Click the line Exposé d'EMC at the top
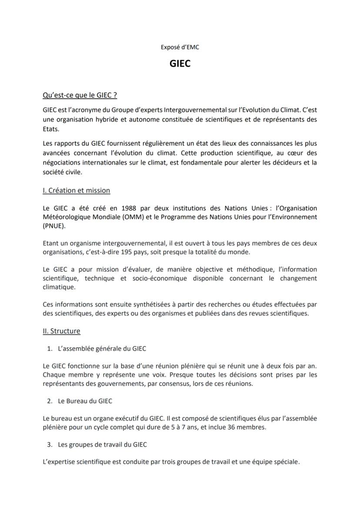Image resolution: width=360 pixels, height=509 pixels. [180, 47]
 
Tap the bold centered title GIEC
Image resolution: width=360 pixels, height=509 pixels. [180, 63]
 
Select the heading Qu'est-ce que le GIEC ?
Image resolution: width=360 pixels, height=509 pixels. [80, 95]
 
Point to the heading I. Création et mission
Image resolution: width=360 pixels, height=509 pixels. [76, 190]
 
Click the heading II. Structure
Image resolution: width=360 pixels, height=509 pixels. [61, 331]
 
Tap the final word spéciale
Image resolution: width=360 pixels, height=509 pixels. [287, 462]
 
